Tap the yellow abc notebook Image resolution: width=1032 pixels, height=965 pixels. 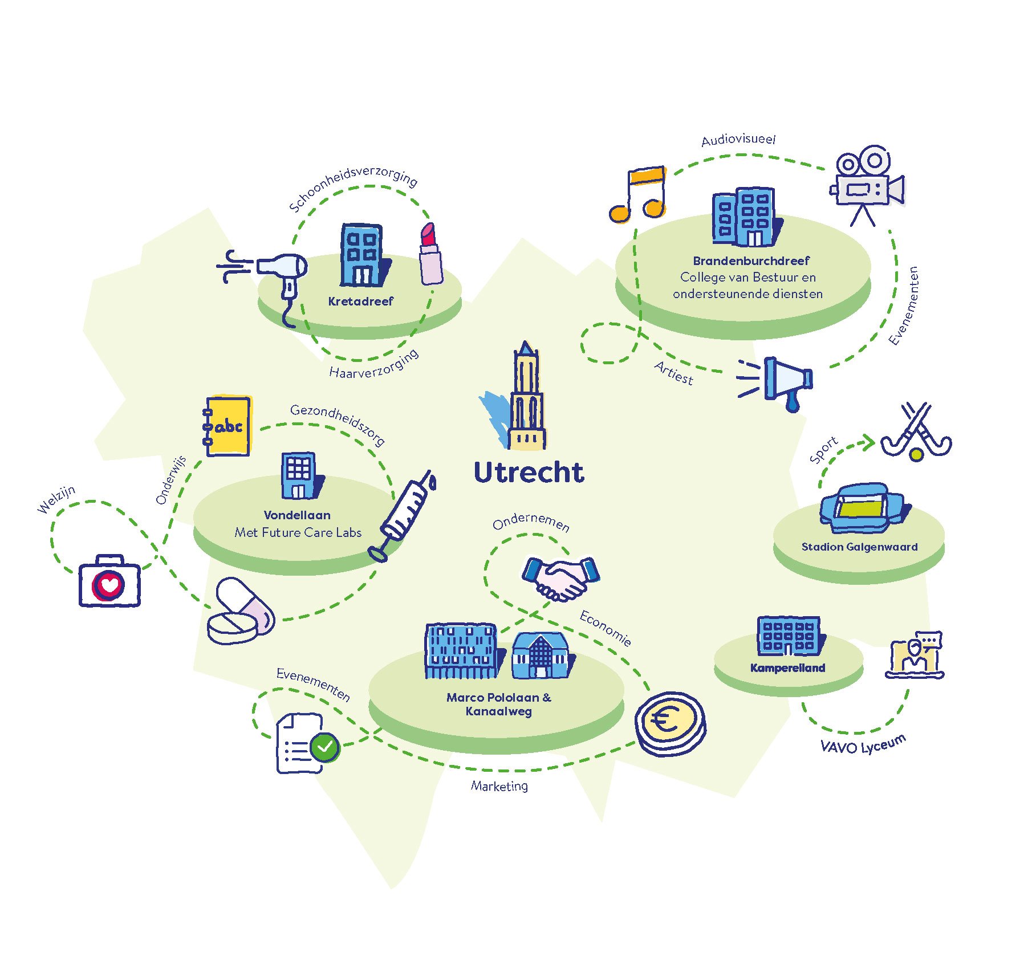pyautogui.click(x=227, y=426)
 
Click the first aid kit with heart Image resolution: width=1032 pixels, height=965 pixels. pyautogui.click(x=109, y=580)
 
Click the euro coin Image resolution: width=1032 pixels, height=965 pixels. pyautogui.click(x=671, y=724)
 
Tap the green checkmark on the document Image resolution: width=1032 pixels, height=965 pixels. pyautogui.click(x=325, y=746)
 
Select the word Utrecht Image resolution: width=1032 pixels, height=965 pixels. pyautogui.click(x=529, y=472)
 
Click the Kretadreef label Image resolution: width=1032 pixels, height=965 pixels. pyautogui.click(x=360, y=301)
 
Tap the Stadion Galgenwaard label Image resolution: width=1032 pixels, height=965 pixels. pyautogui.click(x=859, y=547)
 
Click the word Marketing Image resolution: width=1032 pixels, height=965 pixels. pyautogui.click(x=499, y=786)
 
